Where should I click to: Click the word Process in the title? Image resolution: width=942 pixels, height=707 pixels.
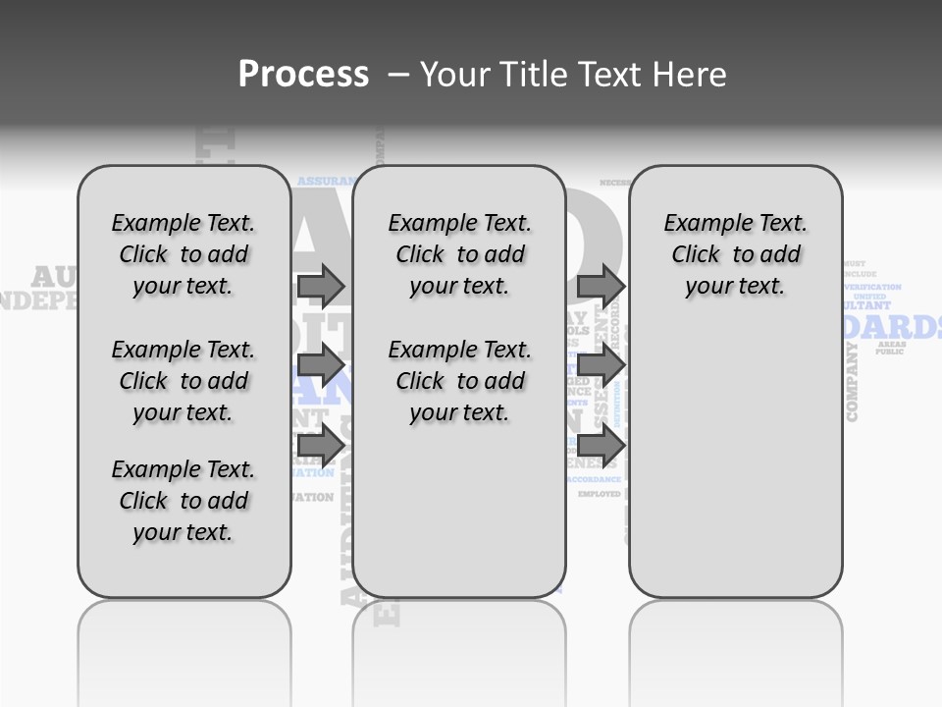(303, 74)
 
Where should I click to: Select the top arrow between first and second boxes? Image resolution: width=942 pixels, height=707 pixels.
(320, 286)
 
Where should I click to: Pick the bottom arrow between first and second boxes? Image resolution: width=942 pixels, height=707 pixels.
(320, 445)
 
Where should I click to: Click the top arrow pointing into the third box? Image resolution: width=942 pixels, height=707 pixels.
(601, 286)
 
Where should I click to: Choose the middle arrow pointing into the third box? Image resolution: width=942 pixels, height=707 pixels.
(601, 366)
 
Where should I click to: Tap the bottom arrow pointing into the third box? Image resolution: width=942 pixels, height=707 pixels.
(601, 445)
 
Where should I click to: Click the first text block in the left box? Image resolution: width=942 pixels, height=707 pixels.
(183, 254)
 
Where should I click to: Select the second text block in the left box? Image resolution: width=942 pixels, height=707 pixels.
(183, 381)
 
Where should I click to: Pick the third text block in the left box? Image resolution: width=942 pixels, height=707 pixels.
(183, 501)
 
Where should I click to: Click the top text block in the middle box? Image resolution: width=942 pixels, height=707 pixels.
(458, 254)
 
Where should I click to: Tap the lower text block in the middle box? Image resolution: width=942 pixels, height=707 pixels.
(458, 381)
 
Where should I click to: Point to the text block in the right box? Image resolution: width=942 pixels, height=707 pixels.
(735, 254)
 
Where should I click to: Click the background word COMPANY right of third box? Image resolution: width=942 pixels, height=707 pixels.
(852, 383)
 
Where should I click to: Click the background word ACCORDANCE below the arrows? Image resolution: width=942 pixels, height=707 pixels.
(595, 479)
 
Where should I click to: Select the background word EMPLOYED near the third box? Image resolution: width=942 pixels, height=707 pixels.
(600, 494)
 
